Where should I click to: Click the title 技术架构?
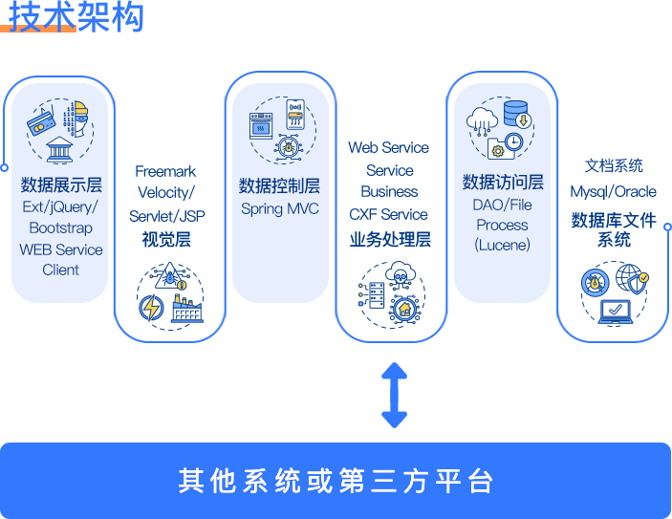coord(76,16)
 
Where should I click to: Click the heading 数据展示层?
coord(61,184)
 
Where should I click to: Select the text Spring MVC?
coord(279,208)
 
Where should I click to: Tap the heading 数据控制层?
coord(279,185)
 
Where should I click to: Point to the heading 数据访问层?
coord(503,182)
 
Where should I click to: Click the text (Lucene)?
coord(502,245)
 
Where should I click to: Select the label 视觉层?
coord(166,239)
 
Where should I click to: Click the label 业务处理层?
coord(389,239)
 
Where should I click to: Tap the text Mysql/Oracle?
coord(613,191)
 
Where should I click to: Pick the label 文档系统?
coord(614,166)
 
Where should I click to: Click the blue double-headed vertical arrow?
coord(394,394)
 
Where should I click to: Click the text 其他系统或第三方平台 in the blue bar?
coord(336,480)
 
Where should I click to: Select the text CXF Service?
coord(388,214)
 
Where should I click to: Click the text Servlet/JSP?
coord(167,216)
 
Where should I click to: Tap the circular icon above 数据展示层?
coord(60,132)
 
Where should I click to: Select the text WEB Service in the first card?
coord(61,249)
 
